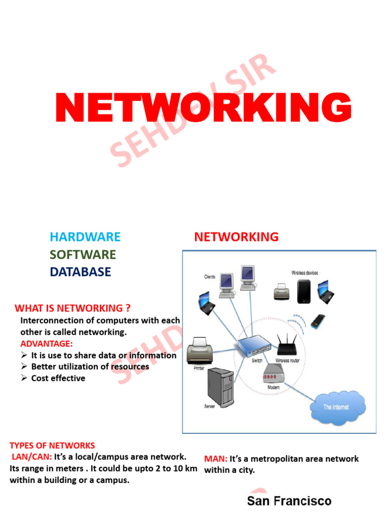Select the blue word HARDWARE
(85, 237)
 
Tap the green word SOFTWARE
(83, 254)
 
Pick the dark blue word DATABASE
(80, 272)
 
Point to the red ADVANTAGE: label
(47, 344)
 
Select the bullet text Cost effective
(58, 378)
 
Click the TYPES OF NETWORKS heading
(52, 445)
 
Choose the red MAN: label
(216, 459)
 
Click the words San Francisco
(289, 501)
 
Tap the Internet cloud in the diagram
(337, 406)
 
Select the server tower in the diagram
(221, 387)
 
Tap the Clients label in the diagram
(210, 277)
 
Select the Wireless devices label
(305, 273)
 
